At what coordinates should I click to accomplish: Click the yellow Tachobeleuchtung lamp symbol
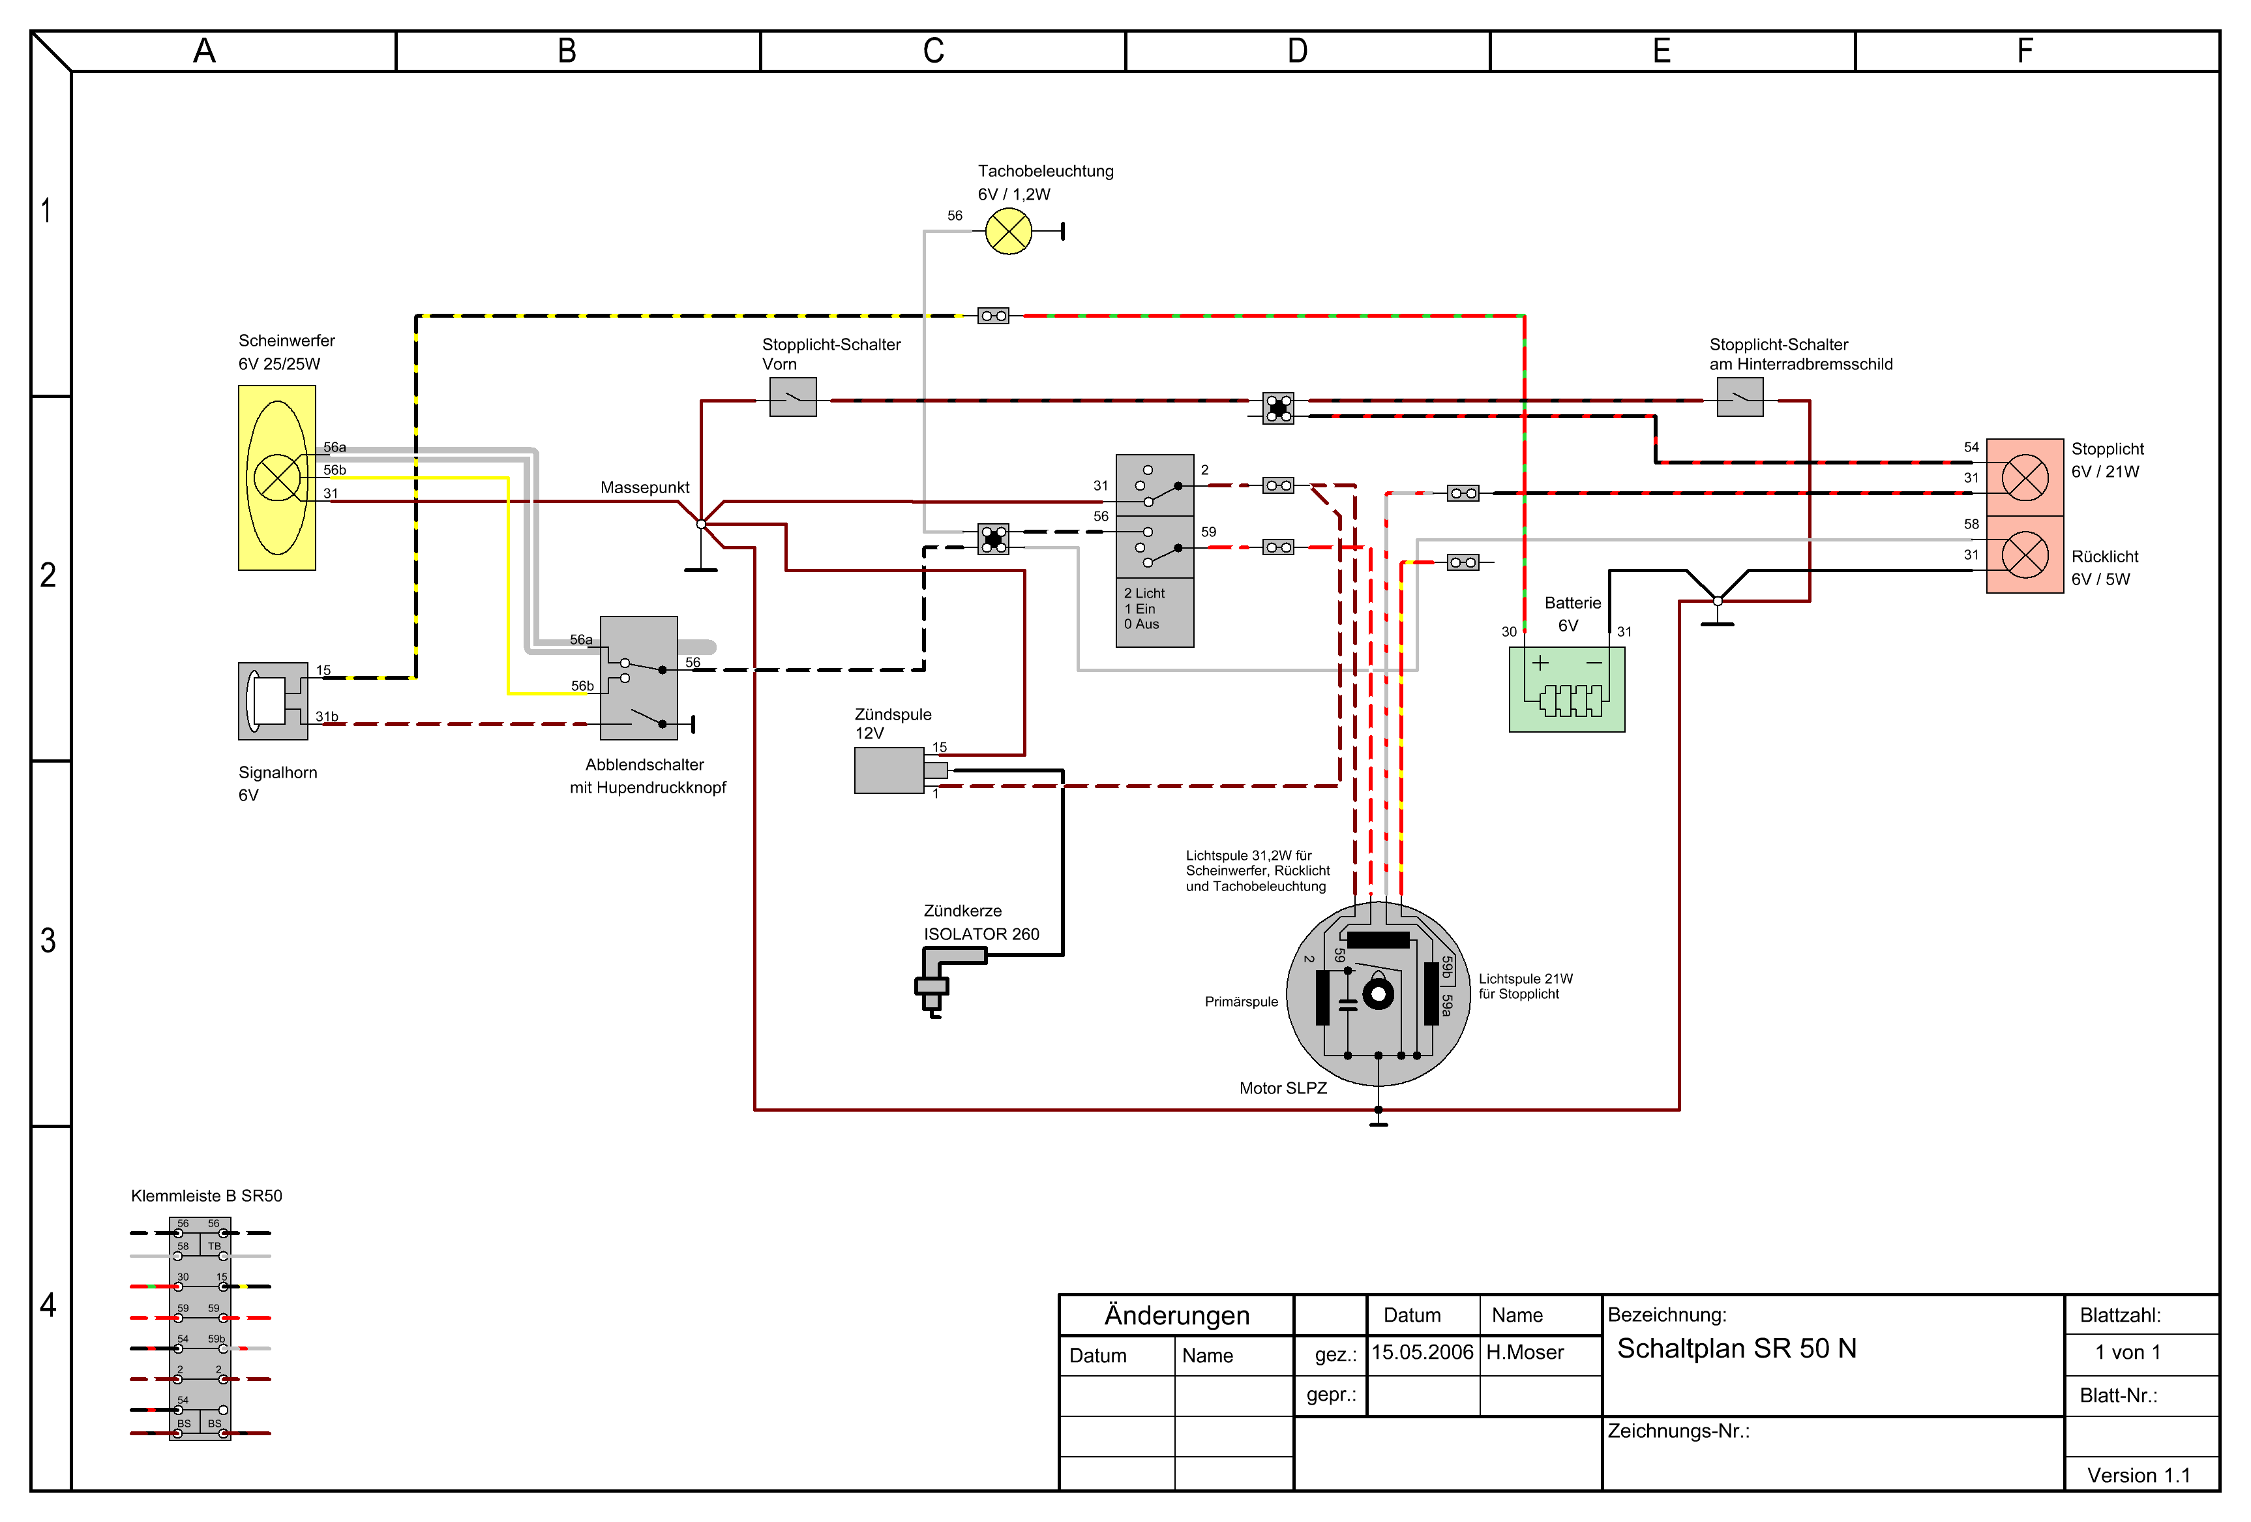1008,232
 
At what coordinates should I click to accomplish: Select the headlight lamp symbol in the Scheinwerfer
277,478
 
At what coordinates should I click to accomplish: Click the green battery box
1566,689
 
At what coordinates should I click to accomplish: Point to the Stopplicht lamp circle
2024,478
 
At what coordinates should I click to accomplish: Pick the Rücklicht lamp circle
2024,555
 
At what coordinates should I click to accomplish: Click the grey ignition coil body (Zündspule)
889,771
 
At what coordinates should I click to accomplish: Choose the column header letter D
1297,50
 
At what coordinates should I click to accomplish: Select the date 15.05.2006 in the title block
1422,1352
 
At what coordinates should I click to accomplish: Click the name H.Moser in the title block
1525,1352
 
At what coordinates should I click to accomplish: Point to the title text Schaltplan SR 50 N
1737,1348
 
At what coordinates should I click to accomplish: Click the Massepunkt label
644,487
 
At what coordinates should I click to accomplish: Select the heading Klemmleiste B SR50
206,1196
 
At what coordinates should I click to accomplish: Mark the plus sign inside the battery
1540,663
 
